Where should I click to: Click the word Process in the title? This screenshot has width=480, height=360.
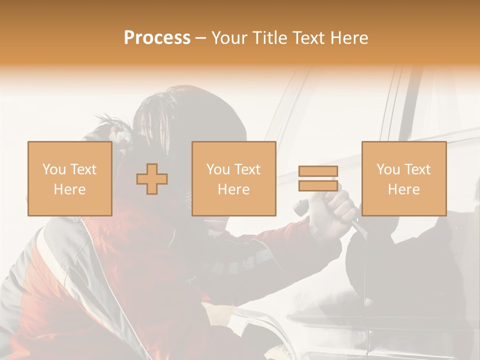tap(157, 38)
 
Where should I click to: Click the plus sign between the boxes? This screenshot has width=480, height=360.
tap(152, 179)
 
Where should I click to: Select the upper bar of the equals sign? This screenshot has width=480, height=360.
tap(318, 171)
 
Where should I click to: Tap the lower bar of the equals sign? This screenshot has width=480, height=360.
tap(318, 185)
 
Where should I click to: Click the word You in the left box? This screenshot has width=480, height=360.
tap(54, 169)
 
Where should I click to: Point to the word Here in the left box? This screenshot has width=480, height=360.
tap(69, 189)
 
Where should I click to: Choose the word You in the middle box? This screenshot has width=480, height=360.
tap(218, 169)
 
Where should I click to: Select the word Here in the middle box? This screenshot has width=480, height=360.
tap(233, 189)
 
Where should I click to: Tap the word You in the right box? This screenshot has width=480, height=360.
tap(388, 169)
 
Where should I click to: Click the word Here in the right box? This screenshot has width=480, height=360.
tap(403, 189)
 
